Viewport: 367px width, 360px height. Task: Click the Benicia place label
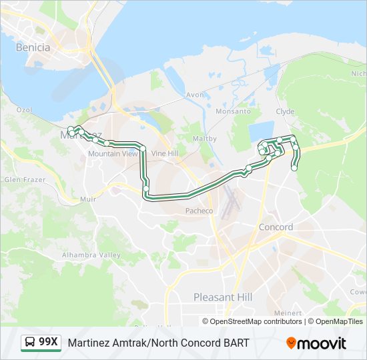point(33,47)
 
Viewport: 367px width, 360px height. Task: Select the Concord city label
point(276,227)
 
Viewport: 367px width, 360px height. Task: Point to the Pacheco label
point(199,211)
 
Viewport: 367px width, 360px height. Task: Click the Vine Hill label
point(165,153)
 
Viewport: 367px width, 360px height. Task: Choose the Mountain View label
point(113,153)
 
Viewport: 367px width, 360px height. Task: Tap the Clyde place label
point(285,111)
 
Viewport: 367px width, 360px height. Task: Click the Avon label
point(195,95)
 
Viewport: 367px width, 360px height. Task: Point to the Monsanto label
point(233,111)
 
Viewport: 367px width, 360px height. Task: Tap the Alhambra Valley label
point(91,255)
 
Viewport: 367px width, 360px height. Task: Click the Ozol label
point(24,109)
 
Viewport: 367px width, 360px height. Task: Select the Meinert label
point(288,313)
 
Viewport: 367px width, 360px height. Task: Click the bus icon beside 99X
point(30,343)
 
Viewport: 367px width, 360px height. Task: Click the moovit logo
point(316,343)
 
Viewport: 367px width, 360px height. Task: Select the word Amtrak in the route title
point(126,343)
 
